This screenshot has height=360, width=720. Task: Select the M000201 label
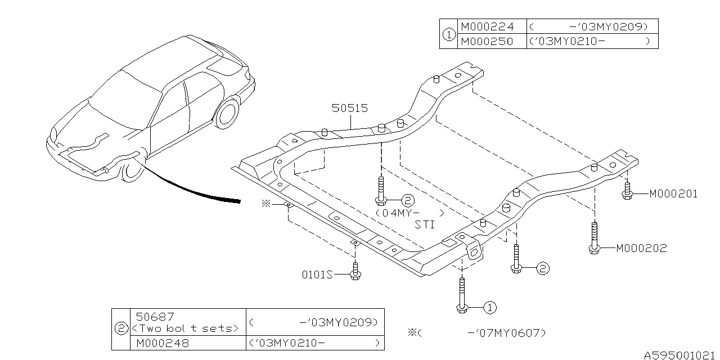(x=673, y=194)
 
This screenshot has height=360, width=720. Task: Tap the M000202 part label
(x=641, y=248)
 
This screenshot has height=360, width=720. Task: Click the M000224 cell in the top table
(x=487, y=26)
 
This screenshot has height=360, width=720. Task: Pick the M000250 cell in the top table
(x=487, y=42)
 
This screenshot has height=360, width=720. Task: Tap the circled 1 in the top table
(x=448, y=34)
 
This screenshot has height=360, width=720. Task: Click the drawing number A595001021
(x=679, y=355)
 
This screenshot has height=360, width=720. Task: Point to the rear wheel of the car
(x=227, y=113)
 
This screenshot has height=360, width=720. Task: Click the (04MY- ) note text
(x=409, y=214)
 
